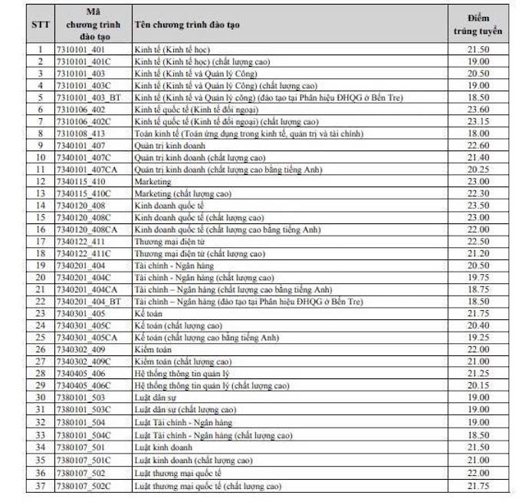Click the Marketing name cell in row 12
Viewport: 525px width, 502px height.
click(153, 181)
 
